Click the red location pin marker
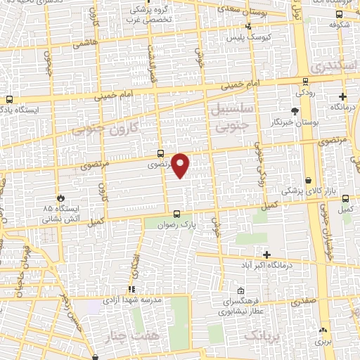(x=181, y=166)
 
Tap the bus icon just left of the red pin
(x=160, y=153)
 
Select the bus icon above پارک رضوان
(x=176, y=214)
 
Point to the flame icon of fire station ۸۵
(x=60, y=198)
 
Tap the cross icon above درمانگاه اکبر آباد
(x=266, y=254)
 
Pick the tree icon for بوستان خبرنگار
(x=295, y=111)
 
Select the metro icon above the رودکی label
(x=304, y=82)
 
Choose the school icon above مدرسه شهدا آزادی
(x=131, y=289)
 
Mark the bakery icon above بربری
(x=323, y=330)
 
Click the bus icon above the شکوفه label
(x=340, y=13)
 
